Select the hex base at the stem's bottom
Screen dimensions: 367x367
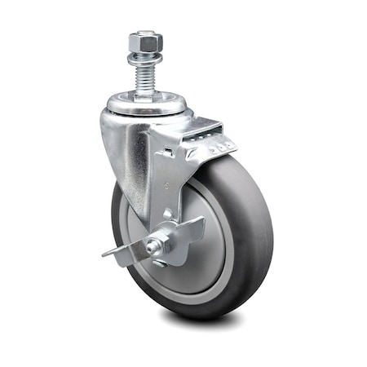[144, 94]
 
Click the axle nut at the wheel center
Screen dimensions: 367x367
[160, 243]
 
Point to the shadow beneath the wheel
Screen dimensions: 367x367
[204, 322]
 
